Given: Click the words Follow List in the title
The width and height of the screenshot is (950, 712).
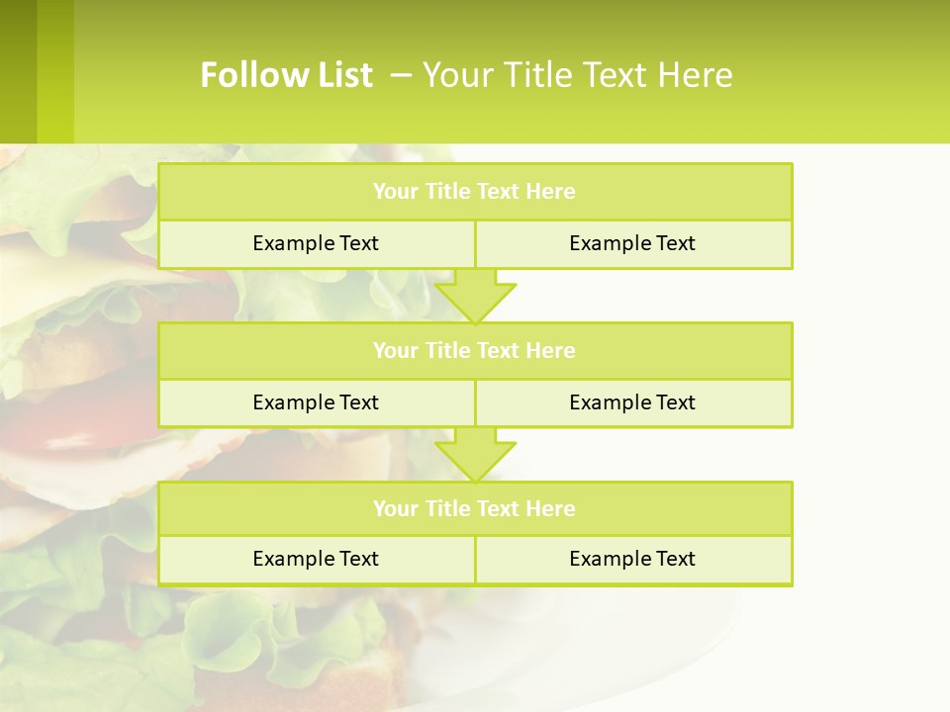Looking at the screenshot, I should click(x=286, y=75).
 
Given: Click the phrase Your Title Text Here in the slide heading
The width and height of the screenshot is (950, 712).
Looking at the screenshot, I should click(x=578, y=75).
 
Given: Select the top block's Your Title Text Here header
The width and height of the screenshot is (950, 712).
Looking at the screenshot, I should click(x=474, y=192).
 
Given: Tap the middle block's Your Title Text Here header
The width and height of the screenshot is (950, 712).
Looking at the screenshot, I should click(x=474, y=350).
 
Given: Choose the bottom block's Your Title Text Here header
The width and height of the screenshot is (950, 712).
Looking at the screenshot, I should click(x=474, y=508).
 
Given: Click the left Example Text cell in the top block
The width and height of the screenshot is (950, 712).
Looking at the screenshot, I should click(x=316, y=243).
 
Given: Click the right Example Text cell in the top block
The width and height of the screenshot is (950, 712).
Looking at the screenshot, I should click(x=632, y=243).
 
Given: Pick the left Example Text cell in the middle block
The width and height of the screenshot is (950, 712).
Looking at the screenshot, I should click(x=316, y=402).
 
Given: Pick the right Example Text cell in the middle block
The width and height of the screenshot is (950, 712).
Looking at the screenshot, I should click(x=632, y=402).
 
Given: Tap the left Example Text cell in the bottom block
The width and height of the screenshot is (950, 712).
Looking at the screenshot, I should click(x=316, y=559).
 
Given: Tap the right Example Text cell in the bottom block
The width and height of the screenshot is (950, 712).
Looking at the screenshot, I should click(x=632, y=559).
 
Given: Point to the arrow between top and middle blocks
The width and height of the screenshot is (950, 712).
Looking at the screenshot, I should click(x=475, y=296).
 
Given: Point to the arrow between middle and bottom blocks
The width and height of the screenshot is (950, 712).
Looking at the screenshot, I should click(x=475, y=454).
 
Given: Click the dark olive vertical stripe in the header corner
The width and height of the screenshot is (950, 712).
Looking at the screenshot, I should click(x=18, y=71).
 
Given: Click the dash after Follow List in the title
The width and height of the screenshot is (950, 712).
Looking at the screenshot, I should click(x=402, y=73).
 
